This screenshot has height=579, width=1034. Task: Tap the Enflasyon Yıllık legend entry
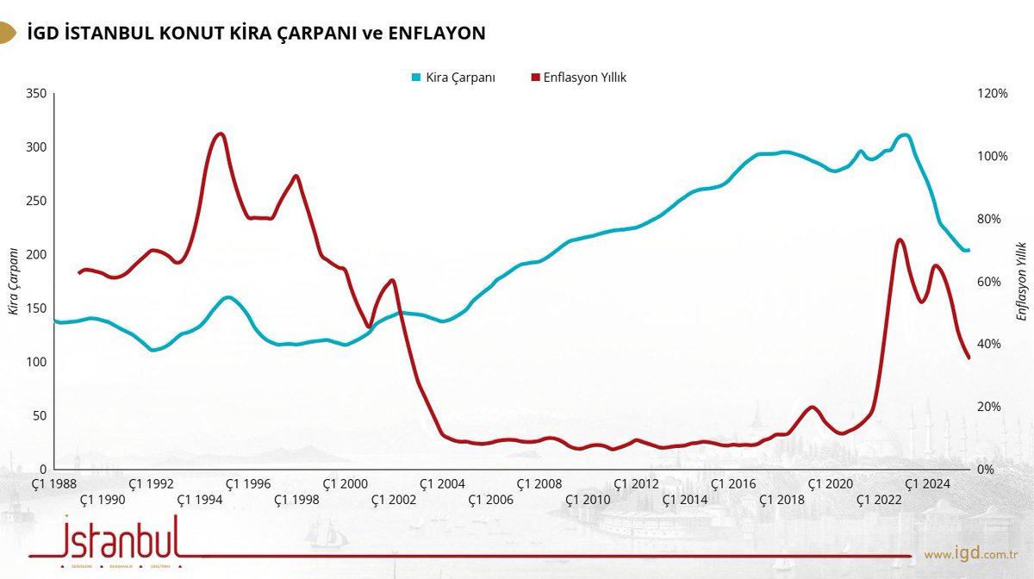[x=577, y=78]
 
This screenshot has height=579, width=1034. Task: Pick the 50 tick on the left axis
[x=37, y=416]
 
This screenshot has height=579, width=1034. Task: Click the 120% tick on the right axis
[x=991, y=94]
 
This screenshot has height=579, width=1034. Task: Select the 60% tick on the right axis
[x=988, y=282]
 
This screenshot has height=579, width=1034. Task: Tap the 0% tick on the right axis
[x=986, y=470]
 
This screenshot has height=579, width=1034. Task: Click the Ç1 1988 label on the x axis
[x=53, y=484]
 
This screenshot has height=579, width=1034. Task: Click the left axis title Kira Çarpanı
[x=14, y=282]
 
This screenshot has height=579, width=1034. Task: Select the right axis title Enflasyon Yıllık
[x=1021, y=282]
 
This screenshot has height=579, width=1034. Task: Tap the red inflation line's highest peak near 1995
[x=221, y=134]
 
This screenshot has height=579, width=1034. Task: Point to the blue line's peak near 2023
[x=902, y=134]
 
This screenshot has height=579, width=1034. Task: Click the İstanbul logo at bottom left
[x=119, y=539]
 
